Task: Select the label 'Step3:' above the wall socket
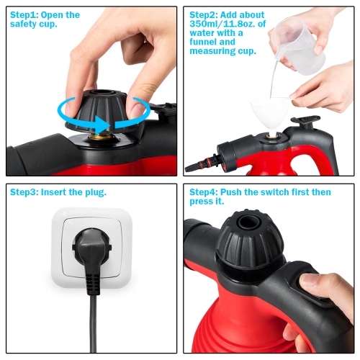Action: point(24,192)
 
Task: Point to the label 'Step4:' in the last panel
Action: point(207,192)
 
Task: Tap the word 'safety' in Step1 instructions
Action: point(27,24)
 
